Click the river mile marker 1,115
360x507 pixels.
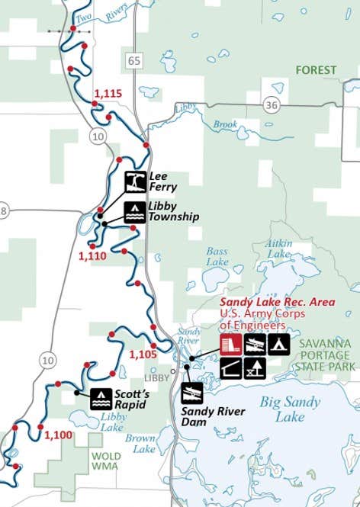pos(108,94)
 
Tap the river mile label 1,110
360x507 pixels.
pos(92,256)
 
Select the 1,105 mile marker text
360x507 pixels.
pos(143,355)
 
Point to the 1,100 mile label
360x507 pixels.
pos(58,435)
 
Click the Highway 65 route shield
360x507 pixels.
pos(135,60)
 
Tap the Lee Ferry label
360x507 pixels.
pos(162,181)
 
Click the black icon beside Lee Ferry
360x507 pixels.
pos(136,181)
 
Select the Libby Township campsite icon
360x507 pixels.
pos(134,211)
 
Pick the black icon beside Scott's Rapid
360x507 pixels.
pos(101,398)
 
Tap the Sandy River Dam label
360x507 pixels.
pos(213,416)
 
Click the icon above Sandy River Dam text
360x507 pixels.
pos(192,393)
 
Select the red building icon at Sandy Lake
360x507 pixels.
pos(230,345)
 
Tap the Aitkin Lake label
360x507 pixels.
pos(278,248)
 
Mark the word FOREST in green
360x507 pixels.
pos(316,70)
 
